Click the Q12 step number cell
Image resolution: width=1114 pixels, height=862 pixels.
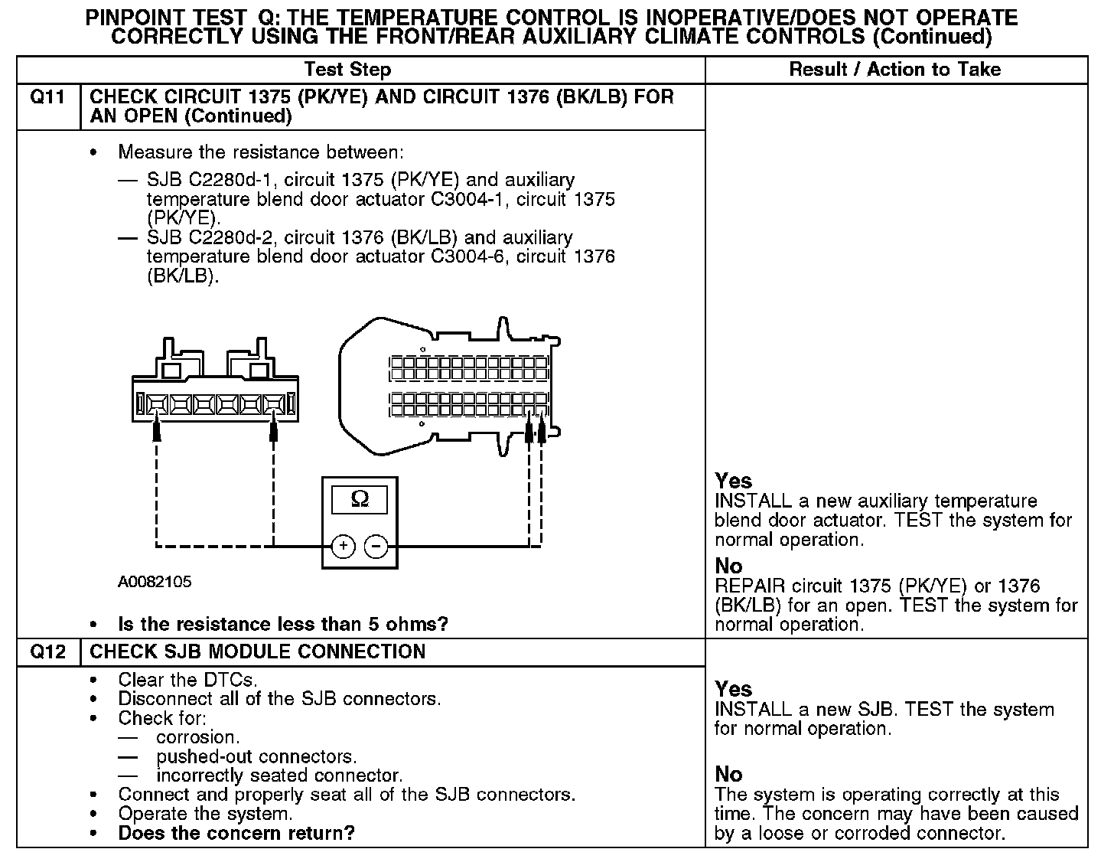click(x=47, y=652)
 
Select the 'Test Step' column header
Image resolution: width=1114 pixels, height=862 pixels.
click(x=347, y=70)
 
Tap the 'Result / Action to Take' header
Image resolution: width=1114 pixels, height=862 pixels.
click(x=894, y=70)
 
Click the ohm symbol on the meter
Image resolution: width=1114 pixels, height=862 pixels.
click(x=360, y=499)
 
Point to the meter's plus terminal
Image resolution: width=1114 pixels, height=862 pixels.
click(x=344, y=546)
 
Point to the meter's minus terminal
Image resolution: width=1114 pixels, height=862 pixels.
click(x=376, y=546)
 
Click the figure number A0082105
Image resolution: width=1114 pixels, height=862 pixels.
click(x=155, y=582)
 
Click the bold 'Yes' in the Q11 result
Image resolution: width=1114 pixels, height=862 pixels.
click(x=733, y=481)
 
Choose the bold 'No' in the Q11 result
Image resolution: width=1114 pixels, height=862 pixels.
click(x=728, y=566)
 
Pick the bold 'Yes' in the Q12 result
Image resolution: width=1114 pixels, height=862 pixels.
click(x=733, y=689)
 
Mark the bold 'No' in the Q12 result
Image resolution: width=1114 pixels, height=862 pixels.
click(x=728, y=774)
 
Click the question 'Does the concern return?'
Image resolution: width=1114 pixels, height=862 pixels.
click(x=236, y=833)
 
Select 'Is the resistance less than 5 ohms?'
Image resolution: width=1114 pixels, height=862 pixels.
click(x=283, y=624)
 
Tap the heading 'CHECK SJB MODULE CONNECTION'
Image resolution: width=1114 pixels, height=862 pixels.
click(x=258, y=652)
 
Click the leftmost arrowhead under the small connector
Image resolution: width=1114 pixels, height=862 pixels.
click(x=157, y=430)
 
